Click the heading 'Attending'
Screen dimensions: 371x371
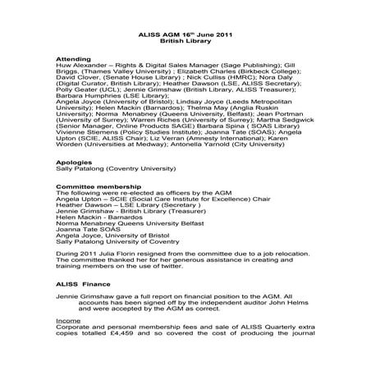click(70, 60)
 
